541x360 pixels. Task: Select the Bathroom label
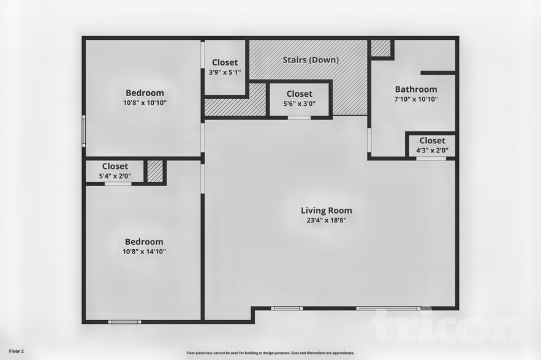(415, 89)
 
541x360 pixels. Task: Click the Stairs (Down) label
(311, 60)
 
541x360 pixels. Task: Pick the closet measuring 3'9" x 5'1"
(225, 67)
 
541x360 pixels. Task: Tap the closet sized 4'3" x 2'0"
(432, 145)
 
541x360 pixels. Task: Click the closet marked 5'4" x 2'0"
(115, 171)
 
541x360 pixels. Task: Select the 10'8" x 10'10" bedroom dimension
(145, 103)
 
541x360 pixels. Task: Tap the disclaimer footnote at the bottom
(270, 353)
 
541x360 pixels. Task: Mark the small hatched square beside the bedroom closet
(155, 171)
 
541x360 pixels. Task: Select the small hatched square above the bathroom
(380, 48)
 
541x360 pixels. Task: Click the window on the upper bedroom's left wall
(84, 131)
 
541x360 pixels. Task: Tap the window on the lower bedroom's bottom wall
(124, 321)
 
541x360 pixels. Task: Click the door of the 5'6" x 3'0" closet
(299, 117)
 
